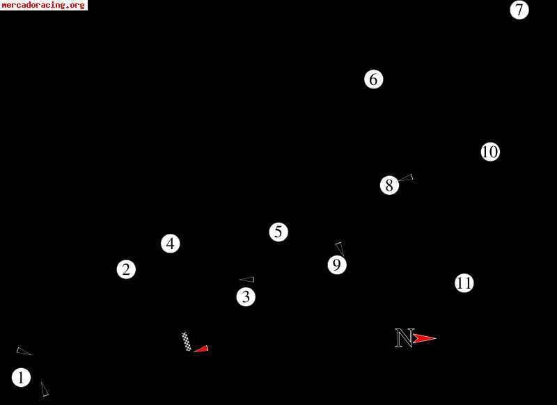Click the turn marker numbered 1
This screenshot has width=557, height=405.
pos(22,378)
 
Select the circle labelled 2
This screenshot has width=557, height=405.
pos(126,269)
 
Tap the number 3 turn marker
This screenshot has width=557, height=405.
pos(246,297)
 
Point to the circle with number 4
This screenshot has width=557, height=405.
pos(171,244)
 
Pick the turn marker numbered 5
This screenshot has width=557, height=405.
pos(278,232)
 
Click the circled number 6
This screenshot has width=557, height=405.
pos(374,79)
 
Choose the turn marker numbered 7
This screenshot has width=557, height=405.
pos(519,10)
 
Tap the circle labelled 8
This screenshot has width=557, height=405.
pos(389,185)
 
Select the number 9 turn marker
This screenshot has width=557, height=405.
pos(337,265)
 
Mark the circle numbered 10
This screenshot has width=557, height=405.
pos(490,152)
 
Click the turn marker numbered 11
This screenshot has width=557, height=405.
pos(464,283)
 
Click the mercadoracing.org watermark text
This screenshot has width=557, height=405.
pos(44,5)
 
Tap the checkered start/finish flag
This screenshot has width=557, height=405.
pos(187,342)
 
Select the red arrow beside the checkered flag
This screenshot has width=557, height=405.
pos(201,349)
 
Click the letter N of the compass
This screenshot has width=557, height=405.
pos(405,338)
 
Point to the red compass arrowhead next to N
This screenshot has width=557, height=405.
pos(424,339)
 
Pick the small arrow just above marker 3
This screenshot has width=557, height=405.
pos(247,280)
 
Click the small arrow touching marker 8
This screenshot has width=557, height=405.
pos(406,178)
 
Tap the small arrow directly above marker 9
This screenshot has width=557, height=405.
pos(339,248)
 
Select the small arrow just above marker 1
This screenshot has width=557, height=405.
pos(23,351)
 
